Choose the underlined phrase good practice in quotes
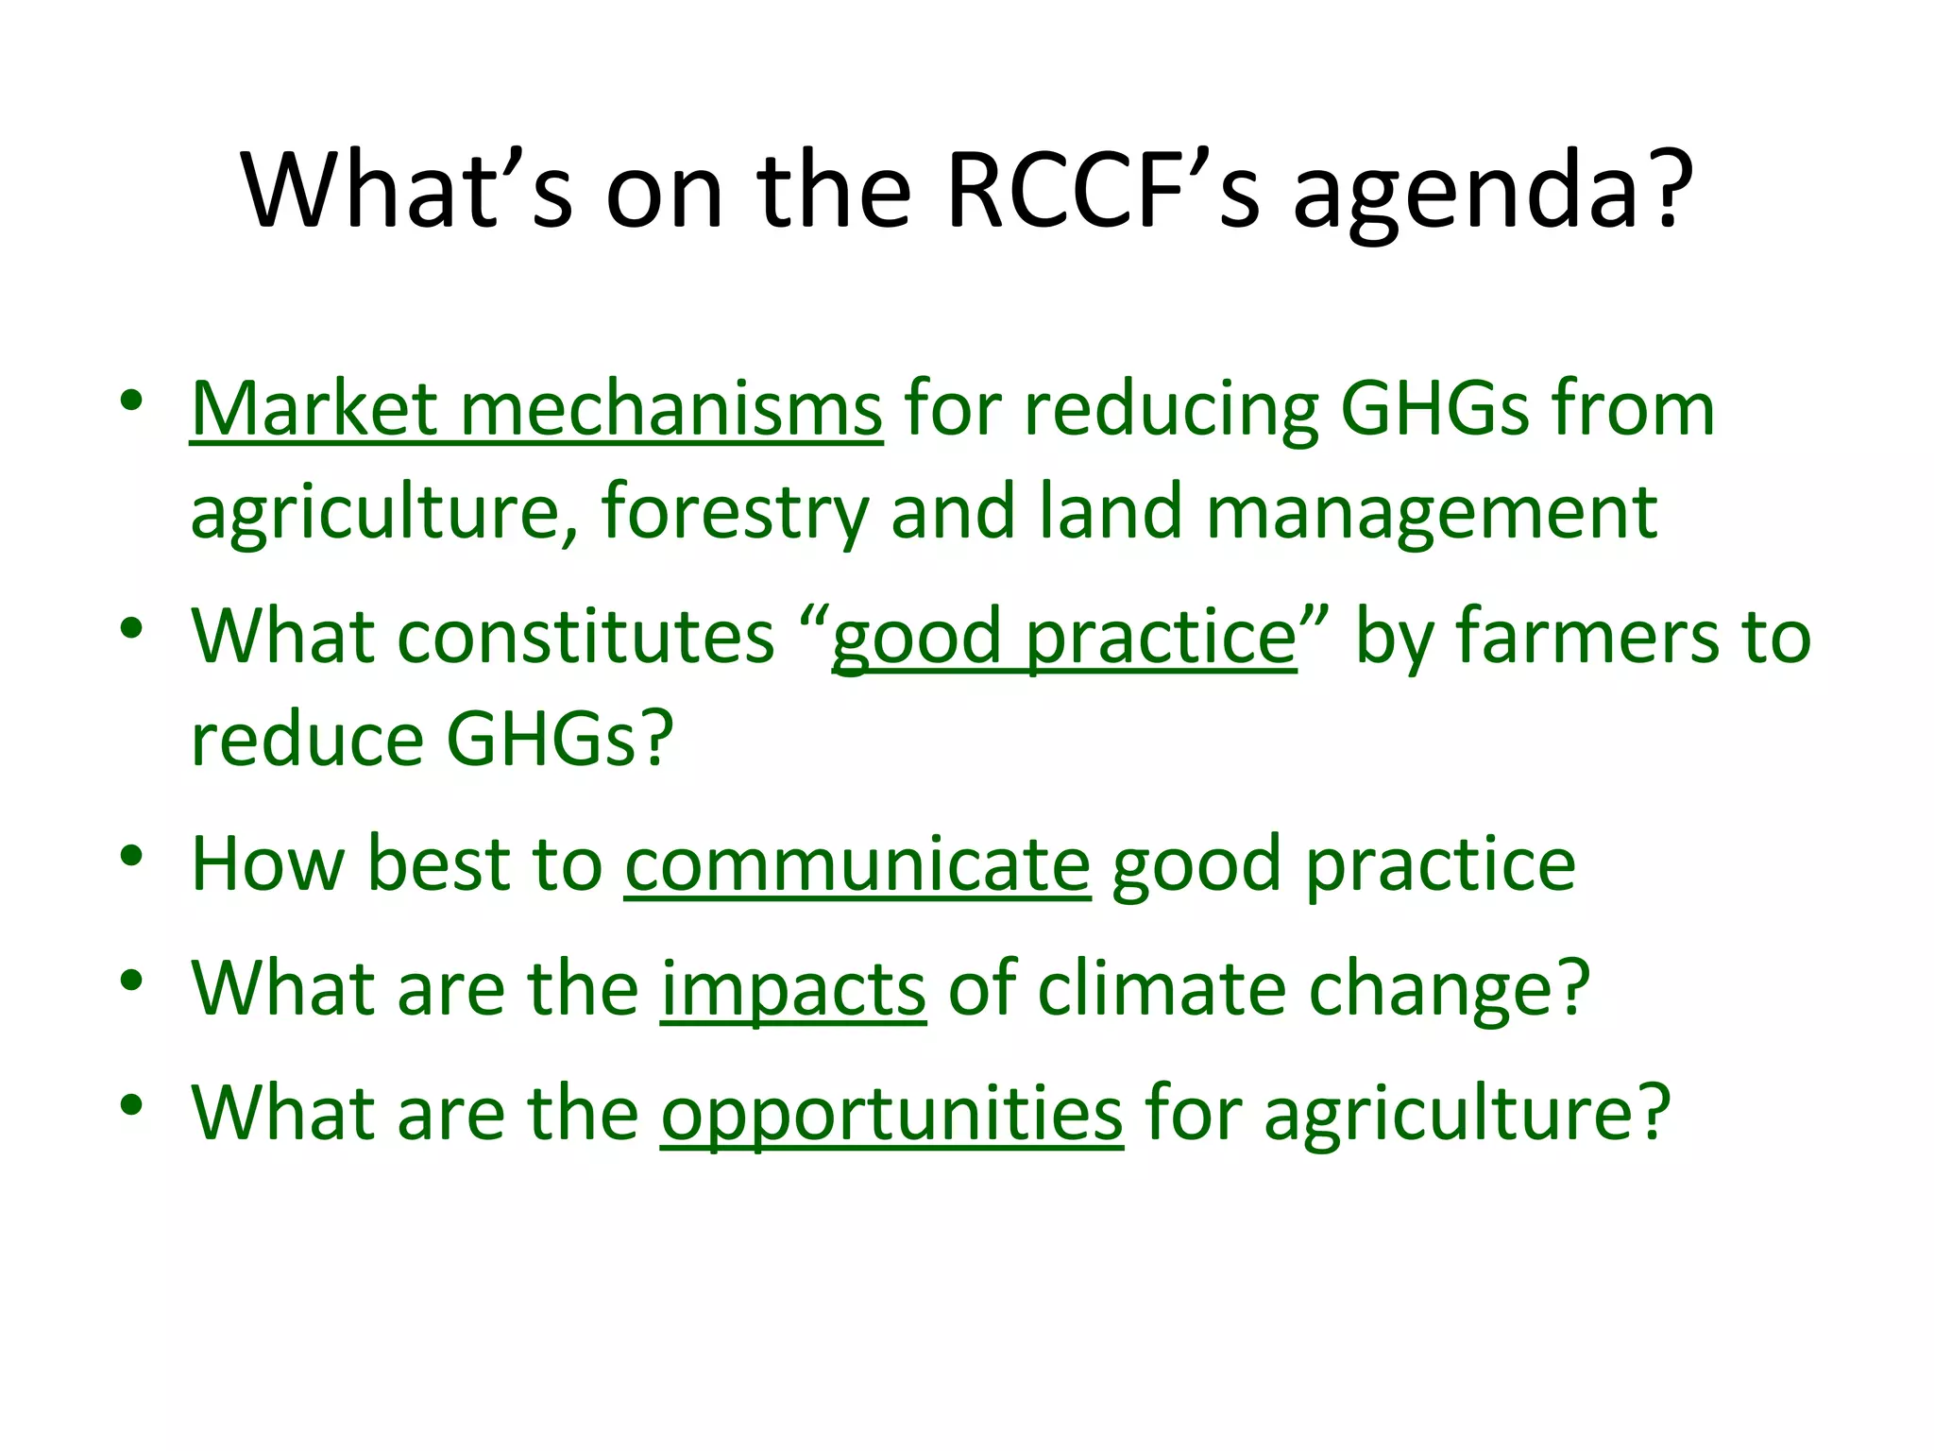click(1064, 638)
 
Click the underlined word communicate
click(857, 864)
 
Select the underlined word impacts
click(793, 990)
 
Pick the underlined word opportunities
click(891, 1115)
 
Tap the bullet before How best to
click(131, 855)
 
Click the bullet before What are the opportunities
click(131, 1104)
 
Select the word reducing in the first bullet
click(1171, 411)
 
